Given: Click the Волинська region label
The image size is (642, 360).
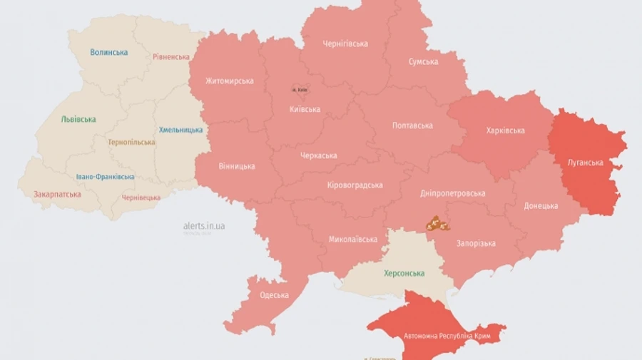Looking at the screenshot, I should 109,52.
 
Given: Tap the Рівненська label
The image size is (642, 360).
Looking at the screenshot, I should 171,57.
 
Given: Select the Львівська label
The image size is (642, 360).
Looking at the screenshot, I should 78,119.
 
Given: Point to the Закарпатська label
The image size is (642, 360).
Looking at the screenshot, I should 57,194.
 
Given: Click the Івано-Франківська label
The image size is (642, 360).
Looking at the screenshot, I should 105,177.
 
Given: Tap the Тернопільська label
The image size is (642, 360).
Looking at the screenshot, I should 131,142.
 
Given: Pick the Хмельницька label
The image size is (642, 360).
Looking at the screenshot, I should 180,130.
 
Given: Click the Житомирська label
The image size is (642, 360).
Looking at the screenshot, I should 229,81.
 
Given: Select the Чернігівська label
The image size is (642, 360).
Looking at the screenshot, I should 345,43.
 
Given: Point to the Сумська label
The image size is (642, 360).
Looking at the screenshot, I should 423,62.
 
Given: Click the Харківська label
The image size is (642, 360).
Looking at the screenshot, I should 505,130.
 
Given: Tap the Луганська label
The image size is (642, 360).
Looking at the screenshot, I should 585,163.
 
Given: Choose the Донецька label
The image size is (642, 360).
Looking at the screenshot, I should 541,206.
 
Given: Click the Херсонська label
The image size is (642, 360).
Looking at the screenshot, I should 404,273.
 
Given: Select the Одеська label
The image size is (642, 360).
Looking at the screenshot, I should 275,294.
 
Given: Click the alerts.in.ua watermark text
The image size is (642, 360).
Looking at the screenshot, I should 204,226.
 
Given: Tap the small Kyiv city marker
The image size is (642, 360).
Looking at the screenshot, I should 299,89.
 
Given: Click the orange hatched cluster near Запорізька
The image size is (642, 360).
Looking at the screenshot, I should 437,225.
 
